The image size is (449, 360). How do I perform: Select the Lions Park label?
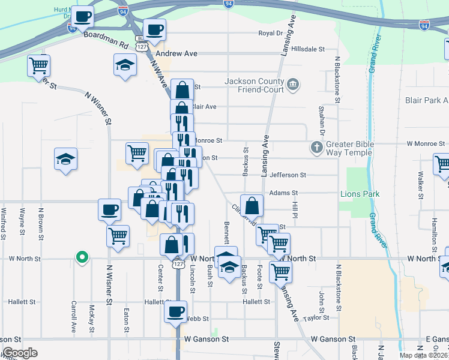coord(360,194)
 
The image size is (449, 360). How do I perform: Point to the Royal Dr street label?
coord(270,34)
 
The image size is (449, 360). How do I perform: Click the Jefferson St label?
coord(288,175)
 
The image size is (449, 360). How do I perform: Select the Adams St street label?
coord(284,193)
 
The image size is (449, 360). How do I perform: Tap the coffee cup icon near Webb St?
coord(176,311)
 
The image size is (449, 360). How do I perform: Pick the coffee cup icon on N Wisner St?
coord(110,209)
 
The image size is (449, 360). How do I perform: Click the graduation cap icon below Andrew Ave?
coord(125,64)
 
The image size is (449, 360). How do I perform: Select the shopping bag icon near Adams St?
coord(252,206)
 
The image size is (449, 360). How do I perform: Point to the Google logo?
coord(20,353)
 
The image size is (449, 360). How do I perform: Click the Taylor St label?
coord(317,318)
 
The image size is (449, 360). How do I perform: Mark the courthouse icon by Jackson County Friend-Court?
coord(294,83)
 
